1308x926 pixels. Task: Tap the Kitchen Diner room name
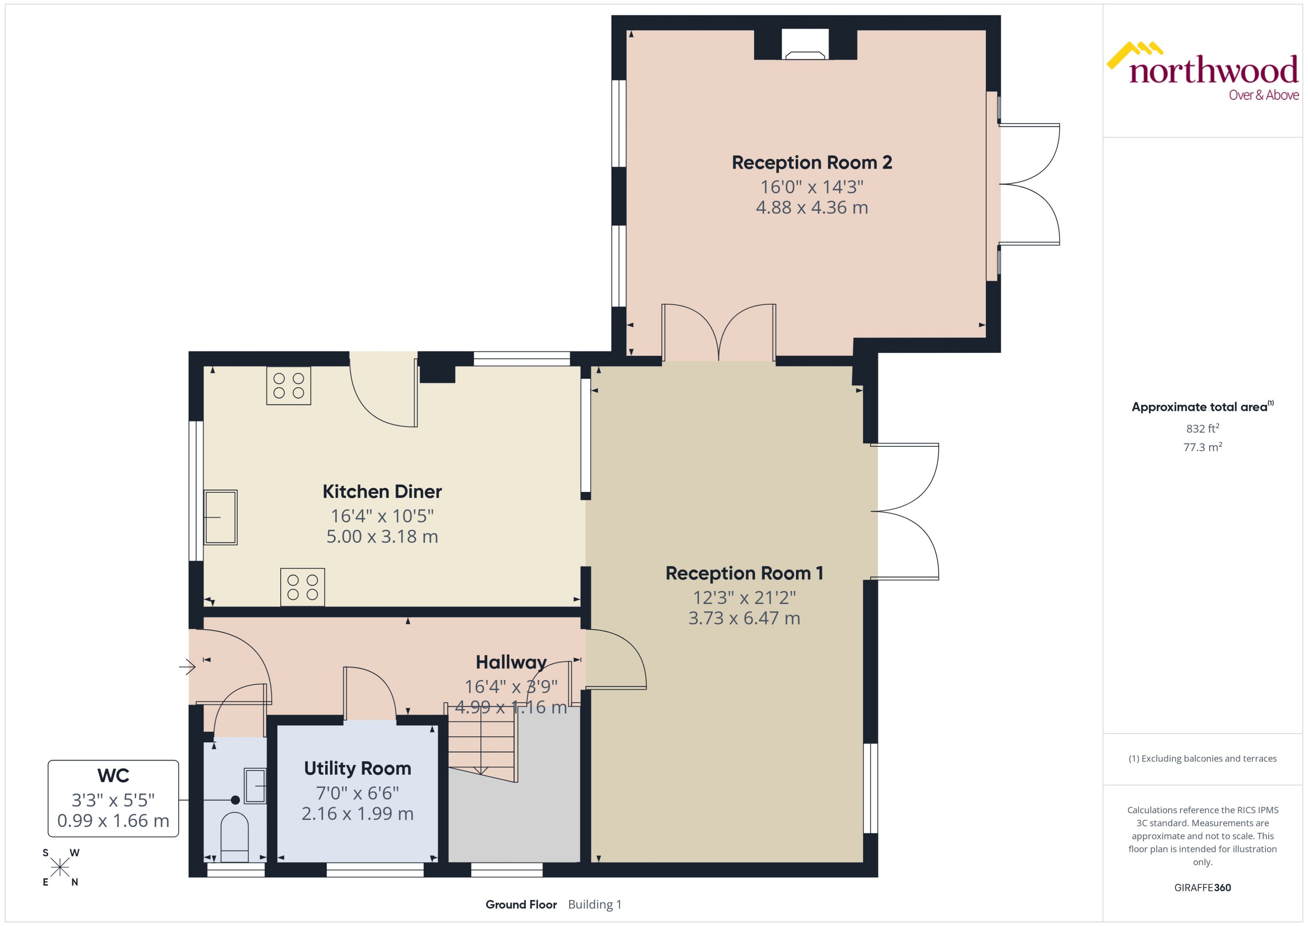click(382, 492)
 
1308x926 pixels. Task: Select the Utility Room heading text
click(357, 768)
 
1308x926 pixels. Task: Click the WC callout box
click(113, 798)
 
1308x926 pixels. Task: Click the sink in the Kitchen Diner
click(220, 517)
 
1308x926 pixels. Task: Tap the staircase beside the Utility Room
click(482, 747)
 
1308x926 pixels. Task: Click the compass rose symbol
click(60, 868)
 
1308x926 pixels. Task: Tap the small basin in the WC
click(255, 786)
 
